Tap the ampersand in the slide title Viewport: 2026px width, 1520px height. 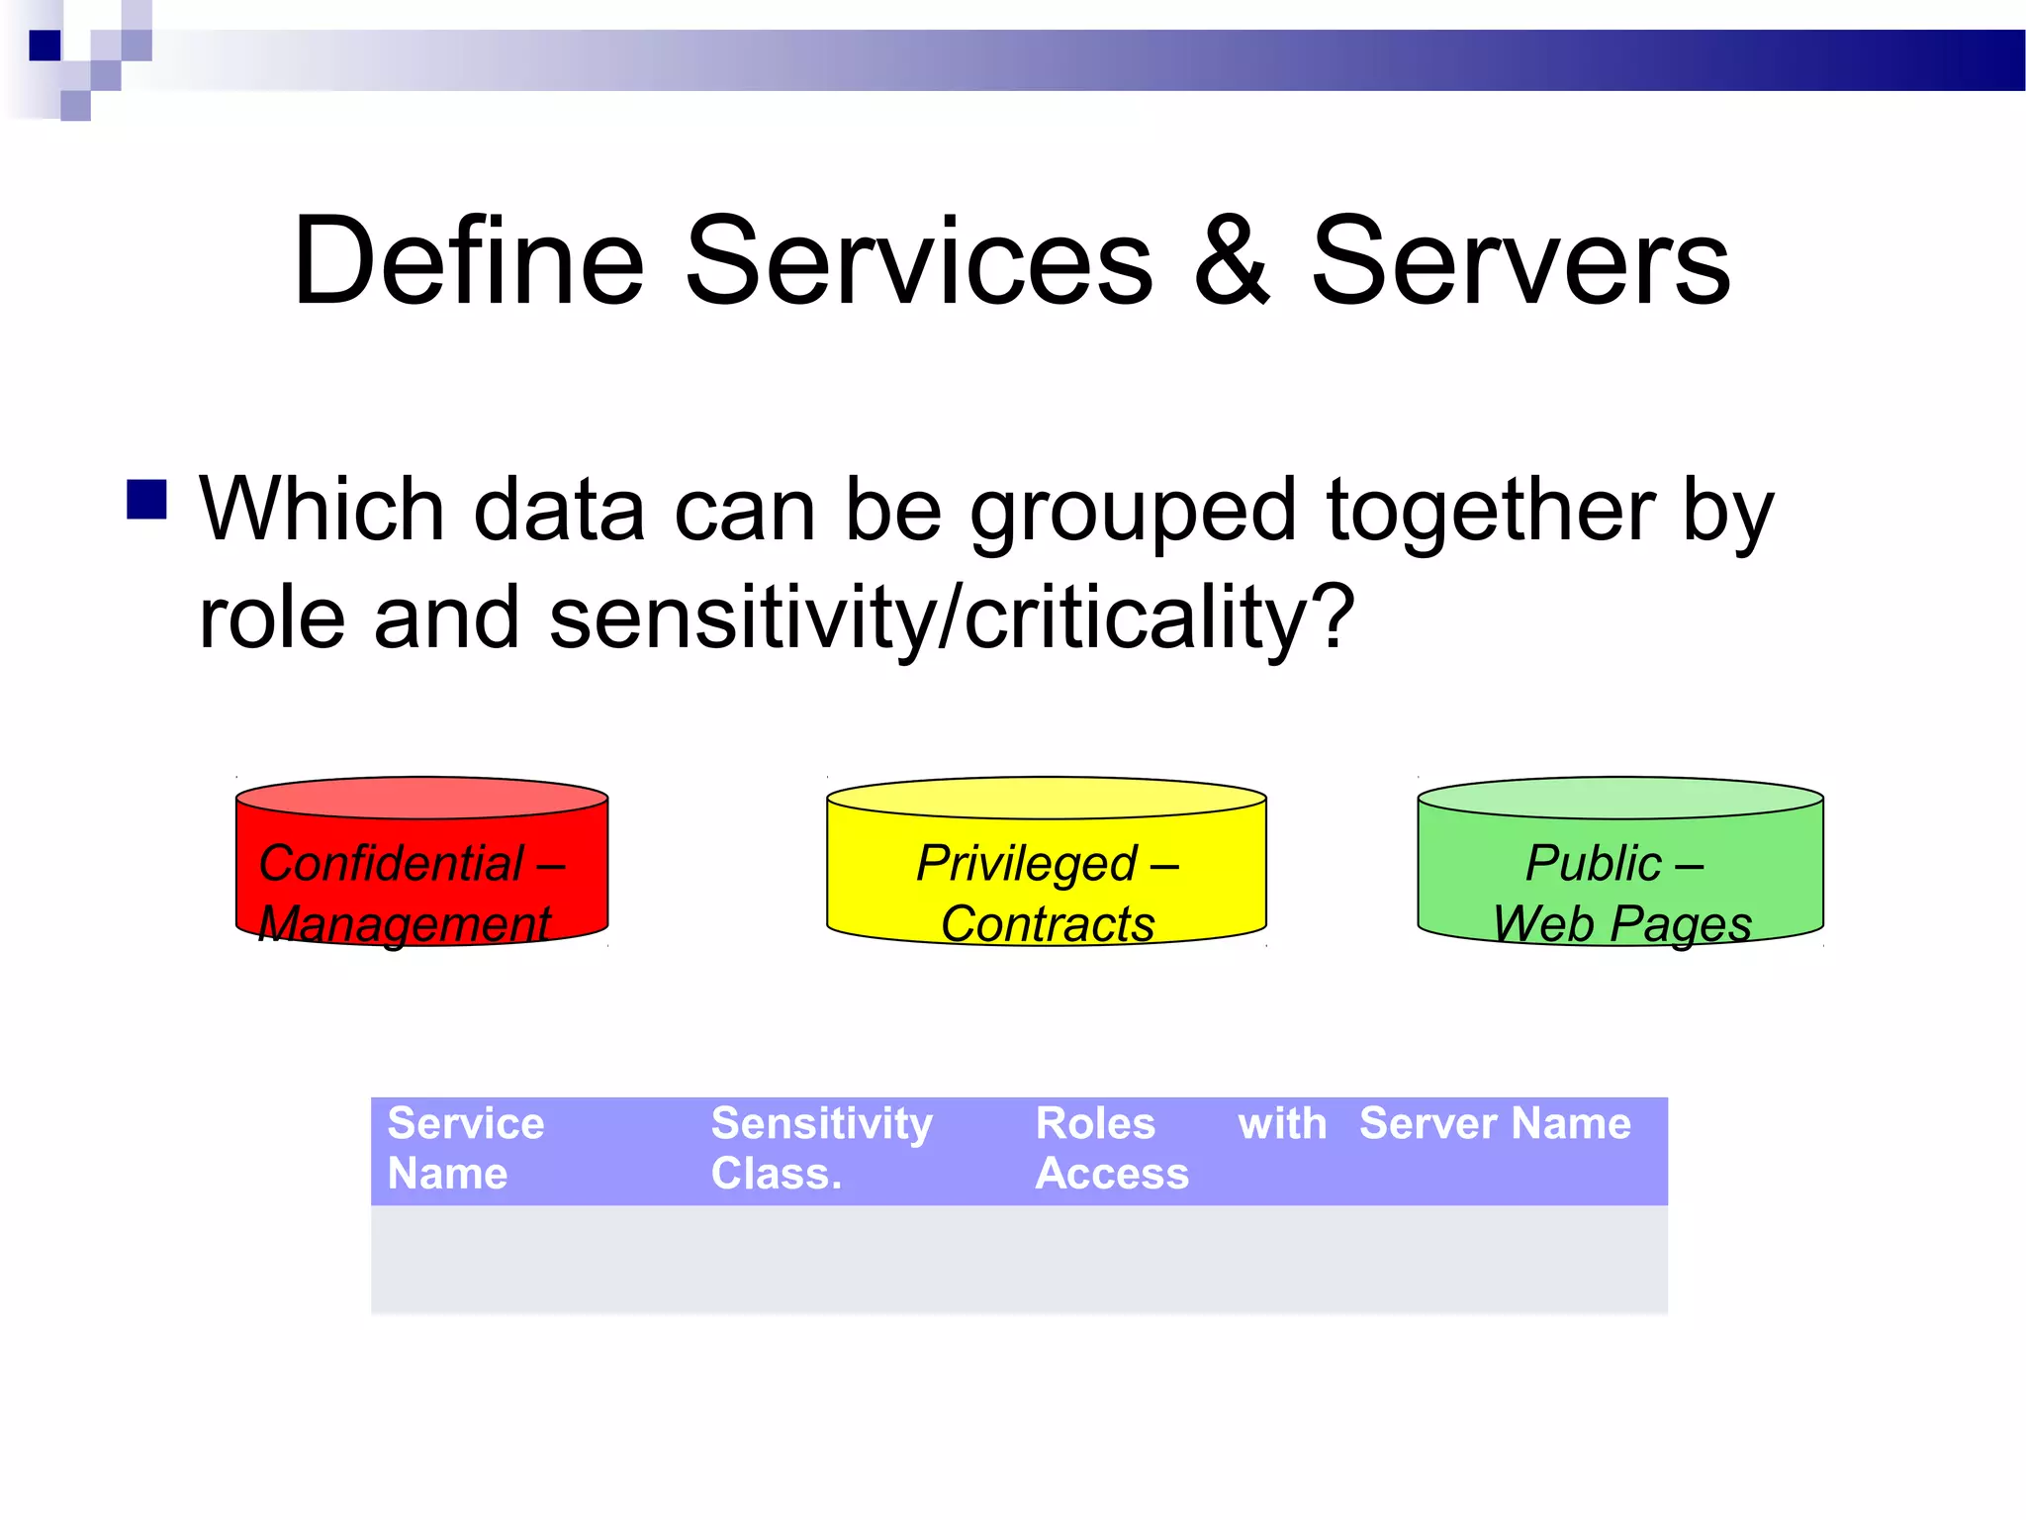[1231, 262]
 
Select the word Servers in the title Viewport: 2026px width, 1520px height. [1520, 262]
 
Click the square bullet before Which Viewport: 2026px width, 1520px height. [146, 500]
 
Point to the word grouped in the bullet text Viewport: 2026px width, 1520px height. [1132, 513]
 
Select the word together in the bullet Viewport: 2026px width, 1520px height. [1488, 513]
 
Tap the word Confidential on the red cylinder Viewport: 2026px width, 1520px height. [391, 863]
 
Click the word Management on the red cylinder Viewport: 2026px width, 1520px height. [404, 924]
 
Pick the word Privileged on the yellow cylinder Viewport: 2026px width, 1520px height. [1026, 863]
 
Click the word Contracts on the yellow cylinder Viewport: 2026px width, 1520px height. [1048, 924]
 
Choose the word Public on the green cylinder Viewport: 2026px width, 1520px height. [1593, 863]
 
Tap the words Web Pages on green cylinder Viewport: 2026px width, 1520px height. [1622, 924]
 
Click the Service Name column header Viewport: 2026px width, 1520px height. [465, 1148]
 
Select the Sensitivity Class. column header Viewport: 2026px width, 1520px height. [821, 1148]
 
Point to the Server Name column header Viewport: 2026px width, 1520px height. [1494, 1124]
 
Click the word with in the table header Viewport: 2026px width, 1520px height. [1282, 1124]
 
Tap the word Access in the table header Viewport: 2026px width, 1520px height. [1112, 1174]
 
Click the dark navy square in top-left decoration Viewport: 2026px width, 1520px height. [46, 46]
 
